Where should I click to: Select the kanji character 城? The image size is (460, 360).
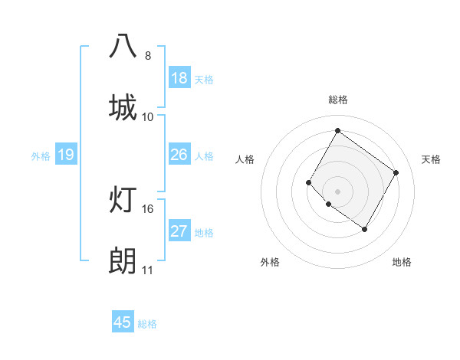pyautogui.click(x=123, y=106)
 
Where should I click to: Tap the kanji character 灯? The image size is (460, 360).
pyautogui.click(x=123, y=198)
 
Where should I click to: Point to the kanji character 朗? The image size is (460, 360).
pyautogui.click(x=123, y=260)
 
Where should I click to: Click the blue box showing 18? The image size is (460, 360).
pyautogui.click(x=179, y=78)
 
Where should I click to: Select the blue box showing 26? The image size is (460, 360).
pyautogui.click(x=179, y=155)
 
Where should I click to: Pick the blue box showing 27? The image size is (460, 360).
pyautogui.click(x=179, y=231)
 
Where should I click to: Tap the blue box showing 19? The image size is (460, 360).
pyautogui.click(x=66, y=155)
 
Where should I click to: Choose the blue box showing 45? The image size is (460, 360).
pyautogui.click(x=123, y=322)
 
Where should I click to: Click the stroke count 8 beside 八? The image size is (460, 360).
pyautogui.click(x=147, y=55)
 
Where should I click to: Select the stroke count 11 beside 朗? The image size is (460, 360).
pyautogui.click(x=147, y=270)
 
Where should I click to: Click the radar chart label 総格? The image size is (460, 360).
pyautogui.click(x=338, y=100)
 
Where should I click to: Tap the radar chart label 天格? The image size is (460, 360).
pyautogui.click(x=431, y=159)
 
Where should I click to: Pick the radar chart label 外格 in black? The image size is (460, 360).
pyautogui.click(x=270, y=262)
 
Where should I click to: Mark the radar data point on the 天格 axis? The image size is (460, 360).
pyautogui.click(x=396, y=172)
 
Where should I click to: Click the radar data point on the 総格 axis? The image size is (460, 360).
pyautogui.click(x=337, y=130)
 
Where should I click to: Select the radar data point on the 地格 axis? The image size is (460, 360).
pyautogui.click(x=364, y=229)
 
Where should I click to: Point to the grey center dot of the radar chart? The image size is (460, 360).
pyautogui.click(x=337, y=191)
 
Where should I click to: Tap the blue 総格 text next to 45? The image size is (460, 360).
pyautogui.click(x=147, y=324)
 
